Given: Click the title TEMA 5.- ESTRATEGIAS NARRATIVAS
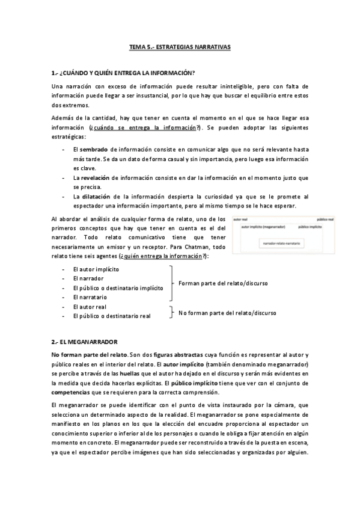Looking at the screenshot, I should tap(180, 46).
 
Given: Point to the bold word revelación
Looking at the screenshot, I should tap(95, 178).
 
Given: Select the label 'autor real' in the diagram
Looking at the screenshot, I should tap(240, 220).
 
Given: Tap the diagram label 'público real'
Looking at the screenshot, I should tap(326, 220).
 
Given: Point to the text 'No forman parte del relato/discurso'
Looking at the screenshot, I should tap(227, 313).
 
